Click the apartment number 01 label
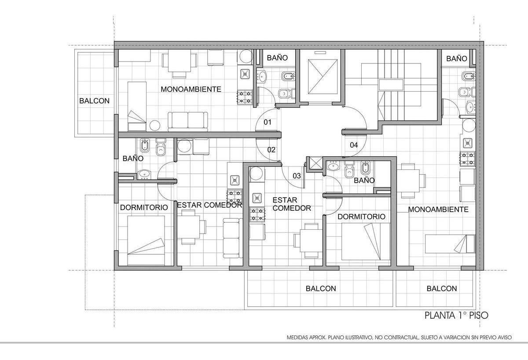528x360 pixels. tap(268, 122)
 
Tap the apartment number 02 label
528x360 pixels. tap(271, 150)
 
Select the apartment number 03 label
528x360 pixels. tap(297, 176)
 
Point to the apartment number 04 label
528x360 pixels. tap(354, 145)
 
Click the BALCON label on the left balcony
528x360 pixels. tap(94, 101)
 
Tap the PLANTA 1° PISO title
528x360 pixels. tap(456, 316)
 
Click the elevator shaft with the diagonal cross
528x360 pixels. tap(323, 77)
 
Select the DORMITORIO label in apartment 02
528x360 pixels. tap(144, 207)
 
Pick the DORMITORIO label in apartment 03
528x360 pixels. tap(361, 217)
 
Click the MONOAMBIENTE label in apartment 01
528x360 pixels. tap(191, 89)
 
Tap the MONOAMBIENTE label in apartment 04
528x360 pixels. tap(438, 209)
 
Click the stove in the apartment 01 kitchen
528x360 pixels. tap(245, 98)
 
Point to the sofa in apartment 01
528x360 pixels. tap(188, 121)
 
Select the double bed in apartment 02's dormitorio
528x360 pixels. tap(146, 240)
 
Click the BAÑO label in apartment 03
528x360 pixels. tap(364, 180)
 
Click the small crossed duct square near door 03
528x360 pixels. tap(315, 163)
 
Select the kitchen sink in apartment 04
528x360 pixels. tap(467, 143)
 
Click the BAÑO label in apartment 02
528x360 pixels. tap(133, 158)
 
